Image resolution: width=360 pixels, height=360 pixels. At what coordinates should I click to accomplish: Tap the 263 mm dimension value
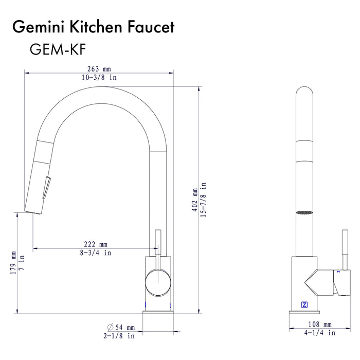99,69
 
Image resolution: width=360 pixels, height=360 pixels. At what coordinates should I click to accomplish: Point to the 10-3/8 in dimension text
99,77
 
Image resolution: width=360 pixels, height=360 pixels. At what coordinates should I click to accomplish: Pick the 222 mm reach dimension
96,244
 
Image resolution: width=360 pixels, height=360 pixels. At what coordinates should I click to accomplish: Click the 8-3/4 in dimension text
96,253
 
